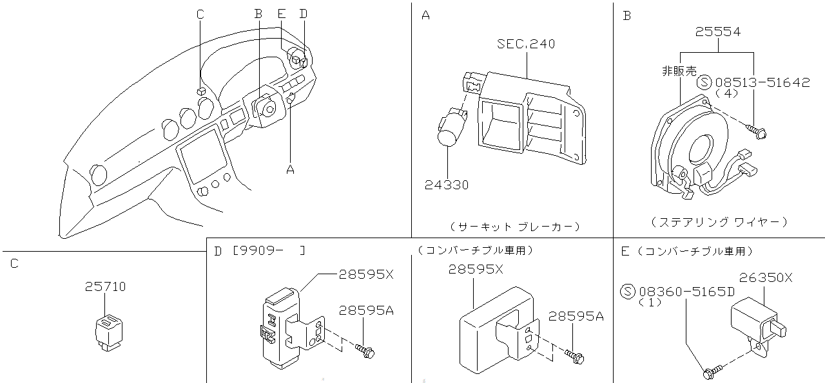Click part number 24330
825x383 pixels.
[x=447, y=185]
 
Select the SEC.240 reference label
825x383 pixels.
[x=526, y=44]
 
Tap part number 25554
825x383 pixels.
[x=718, y=32]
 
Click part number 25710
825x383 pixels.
[x=105, y=286]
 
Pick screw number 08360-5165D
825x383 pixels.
[x=686, y=291]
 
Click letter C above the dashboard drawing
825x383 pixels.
[x=200, y=14]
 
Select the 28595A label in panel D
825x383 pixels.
[x=367, y=311]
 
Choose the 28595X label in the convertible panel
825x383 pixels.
[x=476, y=270]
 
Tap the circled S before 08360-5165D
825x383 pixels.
[x=628, y=291]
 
